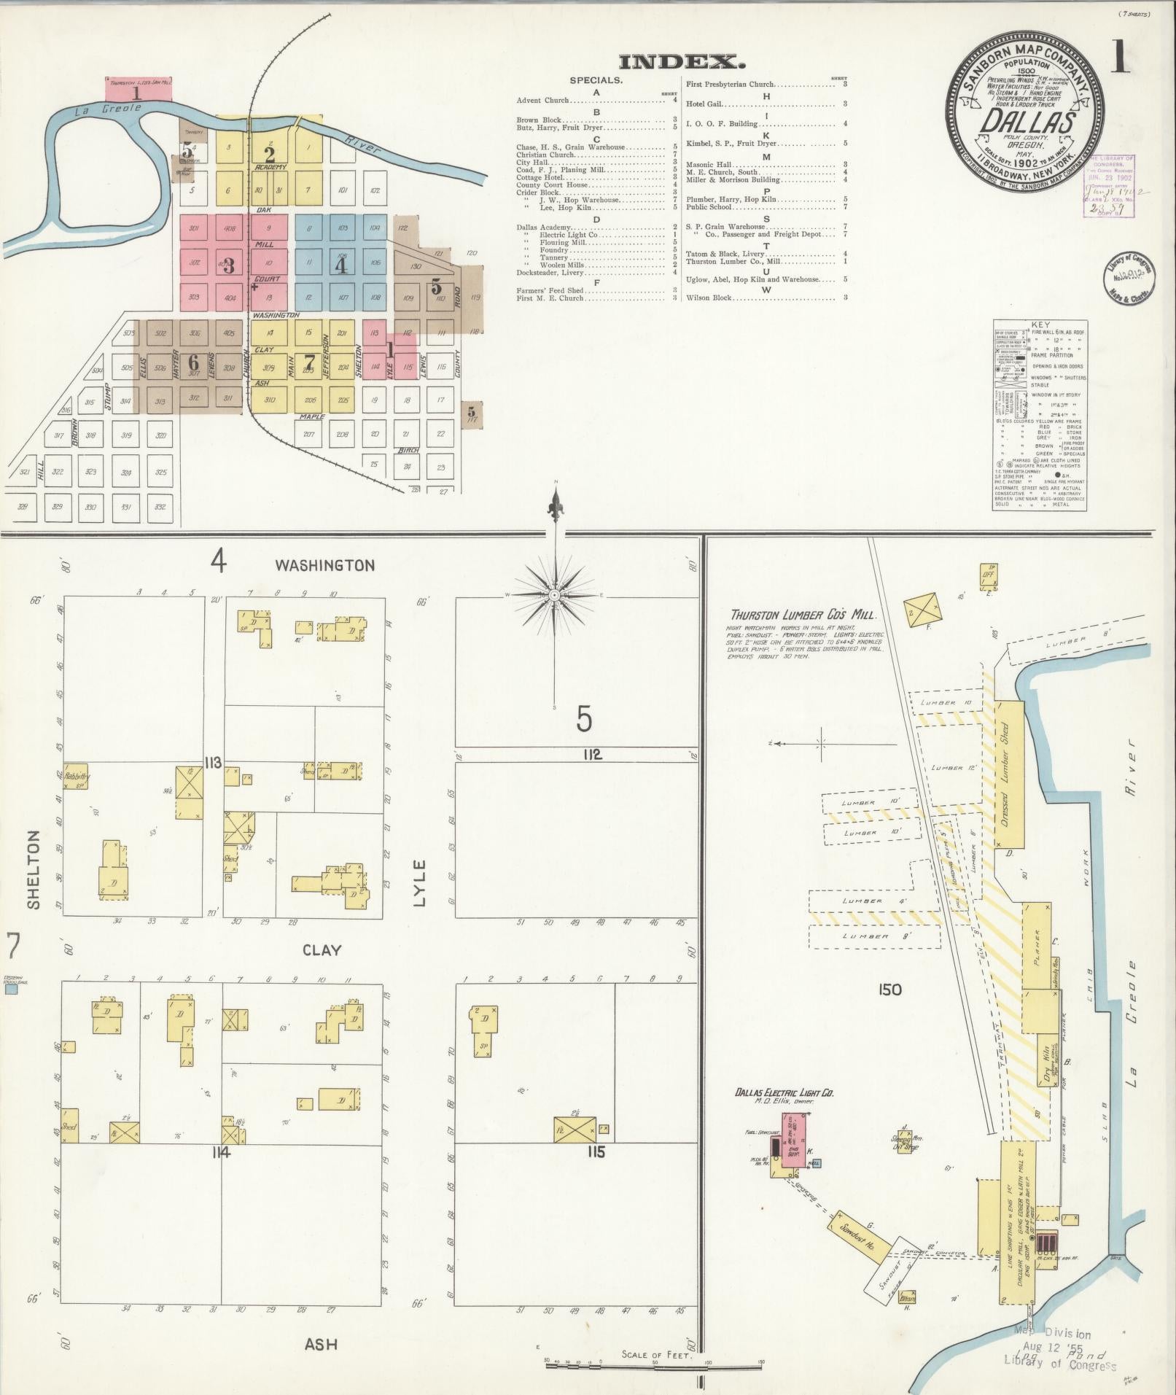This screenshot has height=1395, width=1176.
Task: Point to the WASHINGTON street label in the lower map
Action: coord(324,565)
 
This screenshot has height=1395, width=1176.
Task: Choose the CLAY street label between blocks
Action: coord(322,950)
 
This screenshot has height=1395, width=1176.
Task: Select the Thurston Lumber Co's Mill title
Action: coord(803,615)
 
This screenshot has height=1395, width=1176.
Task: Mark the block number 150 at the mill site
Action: coord(890,990)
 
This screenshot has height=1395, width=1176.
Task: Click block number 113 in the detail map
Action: coord(213,763)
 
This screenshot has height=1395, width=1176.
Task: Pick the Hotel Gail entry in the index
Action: coord(704,104)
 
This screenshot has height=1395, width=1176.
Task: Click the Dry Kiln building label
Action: coord(1049,1072)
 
